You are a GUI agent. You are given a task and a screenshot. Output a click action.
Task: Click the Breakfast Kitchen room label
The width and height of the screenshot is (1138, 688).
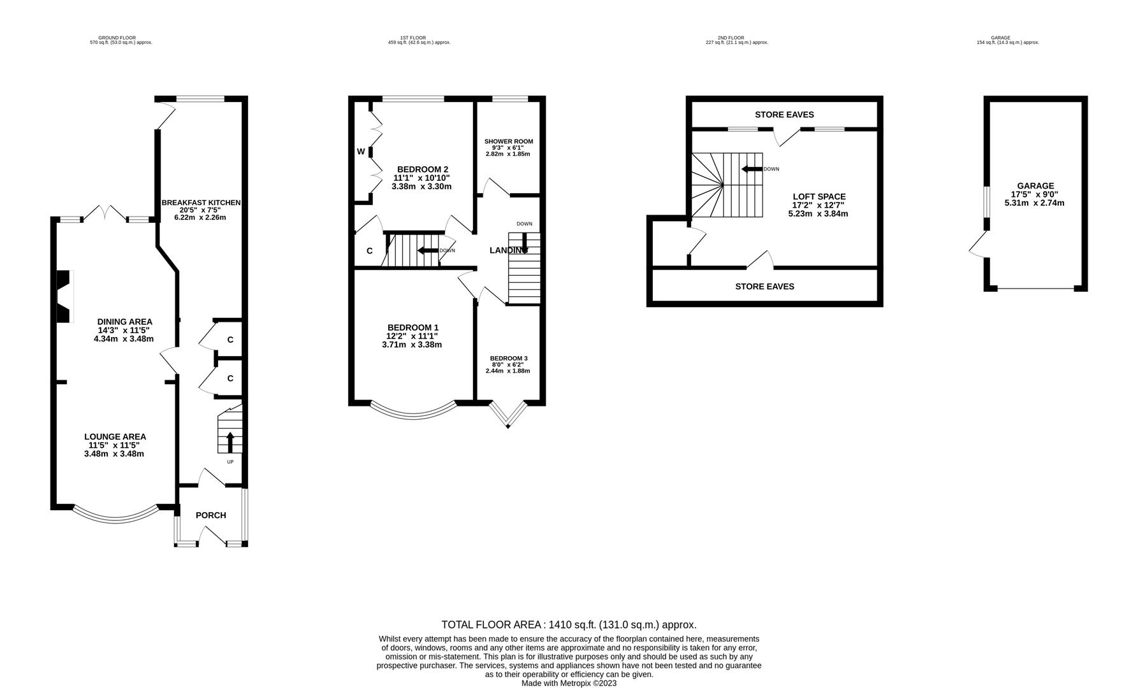tap(201, 203)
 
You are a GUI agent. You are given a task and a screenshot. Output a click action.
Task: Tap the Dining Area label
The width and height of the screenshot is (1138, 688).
tap(124, 322)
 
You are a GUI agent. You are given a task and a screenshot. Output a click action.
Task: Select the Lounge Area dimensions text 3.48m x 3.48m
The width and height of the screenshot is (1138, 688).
tap(114, 454)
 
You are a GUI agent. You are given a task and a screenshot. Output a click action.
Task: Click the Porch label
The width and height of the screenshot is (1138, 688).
tap(210, 515)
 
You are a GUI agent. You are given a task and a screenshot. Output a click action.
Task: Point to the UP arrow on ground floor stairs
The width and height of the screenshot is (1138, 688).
tap(230, 441)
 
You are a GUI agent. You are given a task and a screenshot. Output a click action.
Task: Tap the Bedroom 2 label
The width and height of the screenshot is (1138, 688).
tap(423, 169)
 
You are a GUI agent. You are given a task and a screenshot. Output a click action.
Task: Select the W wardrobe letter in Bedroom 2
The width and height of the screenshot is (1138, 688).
tap(361, 152)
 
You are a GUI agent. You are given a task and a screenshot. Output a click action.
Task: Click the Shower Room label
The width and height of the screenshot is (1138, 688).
tap(508, 141)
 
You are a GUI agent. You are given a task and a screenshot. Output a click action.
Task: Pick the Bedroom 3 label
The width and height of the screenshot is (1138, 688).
tap(508, 358)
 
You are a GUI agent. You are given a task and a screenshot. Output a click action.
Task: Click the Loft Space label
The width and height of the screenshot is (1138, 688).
tap(819, 197)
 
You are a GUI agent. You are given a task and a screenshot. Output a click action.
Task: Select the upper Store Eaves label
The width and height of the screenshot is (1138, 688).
tap(784, 115)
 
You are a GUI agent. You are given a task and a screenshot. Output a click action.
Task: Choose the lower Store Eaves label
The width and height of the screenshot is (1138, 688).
tap(764, 287)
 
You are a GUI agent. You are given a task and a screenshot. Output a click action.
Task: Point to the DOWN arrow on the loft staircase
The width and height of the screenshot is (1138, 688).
tap(752, 169)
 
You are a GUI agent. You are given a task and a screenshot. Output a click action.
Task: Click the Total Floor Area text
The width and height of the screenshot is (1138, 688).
tap(569, 625)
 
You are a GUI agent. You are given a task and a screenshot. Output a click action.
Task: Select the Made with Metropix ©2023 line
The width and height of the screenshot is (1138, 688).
tap(569, 684)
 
